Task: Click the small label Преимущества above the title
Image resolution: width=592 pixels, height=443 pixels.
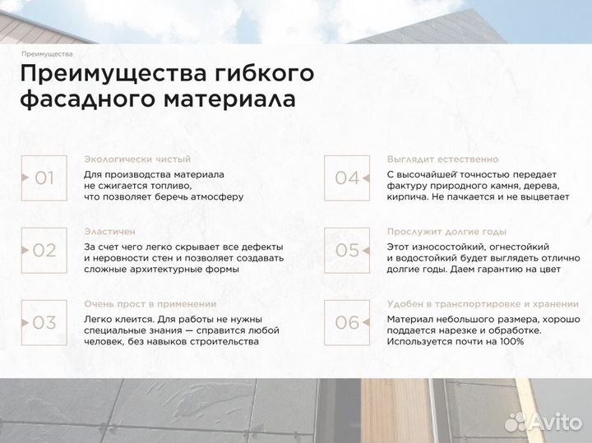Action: click(48, 54)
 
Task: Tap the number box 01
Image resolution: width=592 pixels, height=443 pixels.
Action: click(43, 178)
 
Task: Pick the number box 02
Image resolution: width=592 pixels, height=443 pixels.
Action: click(43, 250)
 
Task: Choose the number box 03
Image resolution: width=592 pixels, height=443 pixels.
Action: click(43, 322)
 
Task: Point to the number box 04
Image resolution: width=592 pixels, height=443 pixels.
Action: click(346, 178)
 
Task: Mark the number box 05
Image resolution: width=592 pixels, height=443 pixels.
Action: click(346, 250)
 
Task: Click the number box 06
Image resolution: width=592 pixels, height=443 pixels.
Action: click(346, 322)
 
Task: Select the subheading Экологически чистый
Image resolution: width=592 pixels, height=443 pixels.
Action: click(137, 159)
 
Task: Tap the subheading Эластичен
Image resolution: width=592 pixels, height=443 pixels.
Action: click(109, 232)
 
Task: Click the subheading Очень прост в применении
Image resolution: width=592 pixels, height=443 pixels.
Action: click(150, 304)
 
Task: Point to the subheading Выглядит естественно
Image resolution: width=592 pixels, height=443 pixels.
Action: click(442, 159)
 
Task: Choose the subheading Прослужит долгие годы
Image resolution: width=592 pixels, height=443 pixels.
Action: click(446, 232)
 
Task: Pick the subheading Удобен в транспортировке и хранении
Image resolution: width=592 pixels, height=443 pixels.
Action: click(477, 304)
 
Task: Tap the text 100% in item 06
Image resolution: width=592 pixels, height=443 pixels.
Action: click(511, 341)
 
